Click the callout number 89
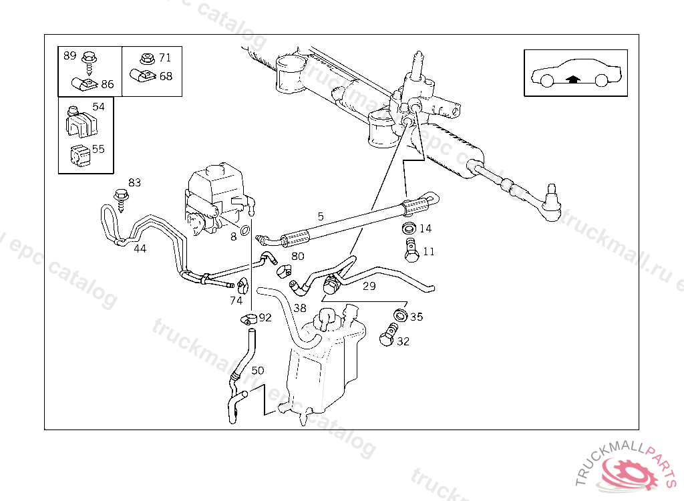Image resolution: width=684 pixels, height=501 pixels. tap(70, 55)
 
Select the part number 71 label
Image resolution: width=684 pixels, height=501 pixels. tap(165, 57)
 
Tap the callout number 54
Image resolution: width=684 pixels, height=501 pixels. tap(98, 107)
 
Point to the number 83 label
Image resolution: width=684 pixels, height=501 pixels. tap(135, 182)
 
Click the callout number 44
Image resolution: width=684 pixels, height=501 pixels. tap(140, 248)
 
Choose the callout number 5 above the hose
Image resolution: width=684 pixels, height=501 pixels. tap(321, 216)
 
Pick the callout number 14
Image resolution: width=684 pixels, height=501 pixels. tap(425, 228)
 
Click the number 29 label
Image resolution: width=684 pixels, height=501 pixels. tap(369, 286)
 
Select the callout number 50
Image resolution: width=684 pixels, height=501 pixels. tap(258, 370)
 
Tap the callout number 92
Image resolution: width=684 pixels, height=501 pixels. tap(265, 317)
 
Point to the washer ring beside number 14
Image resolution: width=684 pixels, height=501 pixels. tap(409, 228)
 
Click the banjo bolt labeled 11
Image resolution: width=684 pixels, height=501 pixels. tap(409, 251)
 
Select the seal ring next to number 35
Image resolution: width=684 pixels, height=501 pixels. tap(400, 315)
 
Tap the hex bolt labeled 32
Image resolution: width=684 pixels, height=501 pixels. tap(387, 337)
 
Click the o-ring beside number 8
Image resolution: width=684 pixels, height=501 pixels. tap(246, 232)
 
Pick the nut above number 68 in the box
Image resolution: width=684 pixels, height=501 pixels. tap(147, 59)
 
